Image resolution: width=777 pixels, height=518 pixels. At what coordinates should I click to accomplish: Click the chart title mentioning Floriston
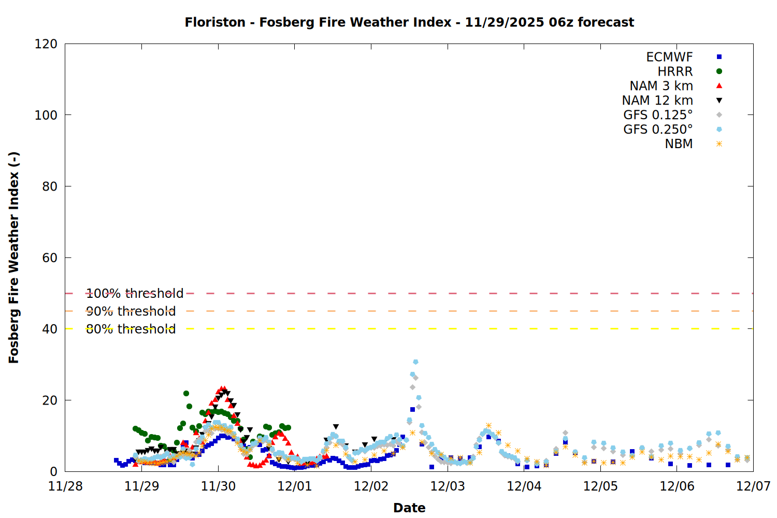click(x=409, y=22)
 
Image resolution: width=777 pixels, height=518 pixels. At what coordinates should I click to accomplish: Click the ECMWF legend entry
click(x=669, y=57)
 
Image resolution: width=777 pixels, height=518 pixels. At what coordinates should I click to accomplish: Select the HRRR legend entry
click(x=675, y=71)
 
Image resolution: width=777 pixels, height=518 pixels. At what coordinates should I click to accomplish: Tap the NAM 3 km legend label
click(x=661, y=86)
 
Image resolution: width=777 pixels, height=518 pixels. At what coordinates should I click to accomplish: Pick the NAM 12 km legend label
click(x=657, y=100)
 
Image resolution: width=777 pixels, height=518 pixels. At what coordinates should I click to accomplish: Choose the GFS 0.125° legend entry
click(x=658, y=115)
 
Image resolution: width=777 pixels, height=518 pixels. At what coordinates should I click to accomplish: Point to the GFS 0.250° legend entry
click(x=658, y=129)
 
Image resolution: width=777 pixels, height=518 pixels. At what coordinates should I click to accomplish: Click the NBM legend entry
click(x=679, y=144)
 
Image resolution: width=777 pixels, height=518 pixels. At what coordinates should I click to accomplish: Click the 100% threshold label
click(x=135, y=294)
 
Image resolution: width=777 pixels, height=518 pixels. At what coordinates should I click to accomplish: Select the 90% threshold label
click(x=131, y=311)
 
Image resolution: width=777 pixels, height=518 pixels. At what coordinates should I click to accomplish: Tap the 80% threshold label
click(x=131, y=329)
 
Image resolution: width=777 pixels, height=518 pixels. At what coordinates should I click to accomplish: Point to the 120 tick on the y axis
click(x=46, y=44)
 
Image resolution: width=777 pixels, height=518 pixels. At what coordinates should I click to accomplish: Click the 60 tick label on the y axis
click(x=50, y=258)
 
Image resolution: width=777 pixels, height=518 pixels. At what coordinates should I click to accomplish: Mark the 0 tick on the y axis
click(x=54, y=471)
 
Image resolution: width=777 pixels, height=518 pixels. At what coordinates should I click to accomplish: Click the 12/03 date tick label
click(x=448, y=486)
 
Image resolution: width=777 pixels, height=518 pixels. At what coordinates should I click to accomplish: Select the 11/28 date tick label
click(x=65, y=486)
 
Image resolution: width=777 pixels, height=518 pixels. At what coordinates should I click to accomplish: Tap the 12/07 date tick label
click(x=753, y=486)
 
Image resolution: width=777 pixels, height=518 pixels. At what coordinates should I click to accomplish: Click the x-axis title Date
click(x=409, y=508)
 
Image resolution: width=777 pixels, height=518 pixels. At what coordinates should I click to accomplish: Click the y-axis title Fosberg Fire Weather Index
click(x=14, y=257)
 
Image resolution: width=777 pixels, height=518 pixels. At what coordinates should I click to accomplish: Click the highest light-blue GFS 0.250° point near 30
click(x=415, y=362)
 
